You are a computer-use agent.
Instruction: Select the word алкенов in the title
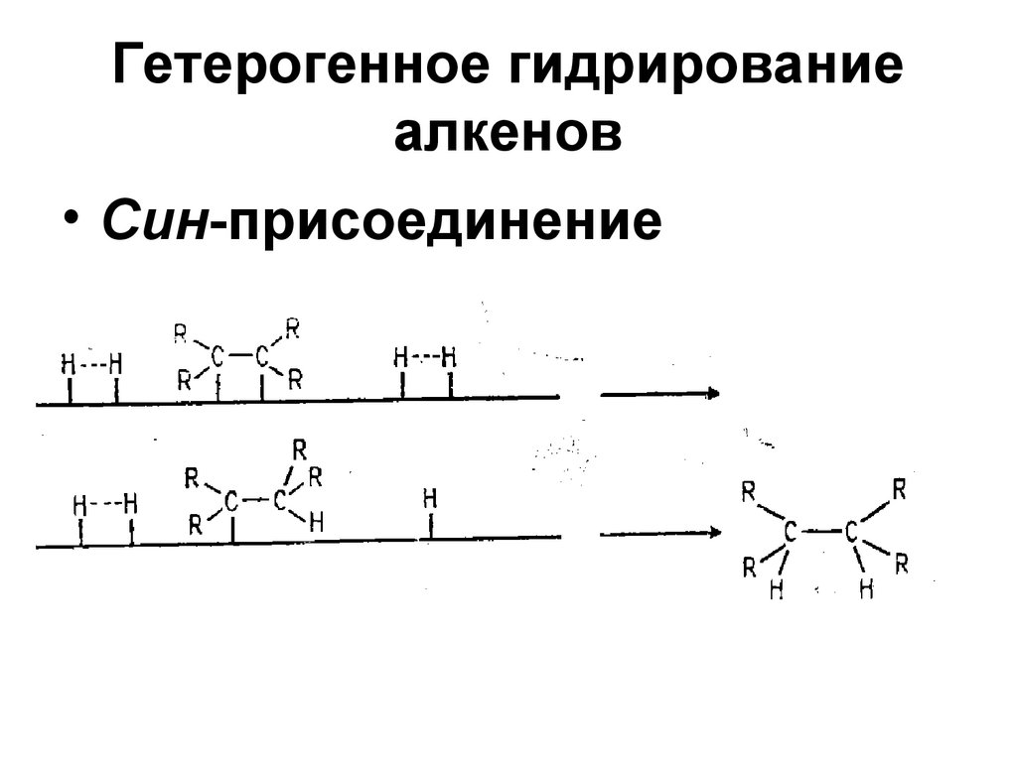tap(508, 136)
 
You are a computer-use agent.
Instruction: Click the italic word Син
tap(155, 220)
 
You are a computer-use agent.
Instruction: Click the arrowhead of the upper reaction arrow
tap(713, 394)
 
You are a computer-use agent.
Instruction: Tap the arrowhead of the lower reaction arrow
tap(713, 533)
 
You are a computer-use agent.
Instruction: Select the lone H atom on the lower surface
tap(430, 498)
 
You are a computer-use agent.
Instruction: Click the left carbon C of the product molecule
tap(791, 533)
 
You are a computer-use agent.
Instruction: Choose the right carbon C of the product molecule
tap(851, 533)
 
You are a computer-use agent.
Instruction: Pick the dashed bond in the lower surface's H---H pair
tap(105, 504)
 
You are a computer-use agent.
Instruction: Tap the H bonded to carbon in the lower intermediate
tap(316, 521)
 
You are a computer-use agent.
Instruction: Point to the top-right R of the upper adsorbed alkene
tap(292, 325)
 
